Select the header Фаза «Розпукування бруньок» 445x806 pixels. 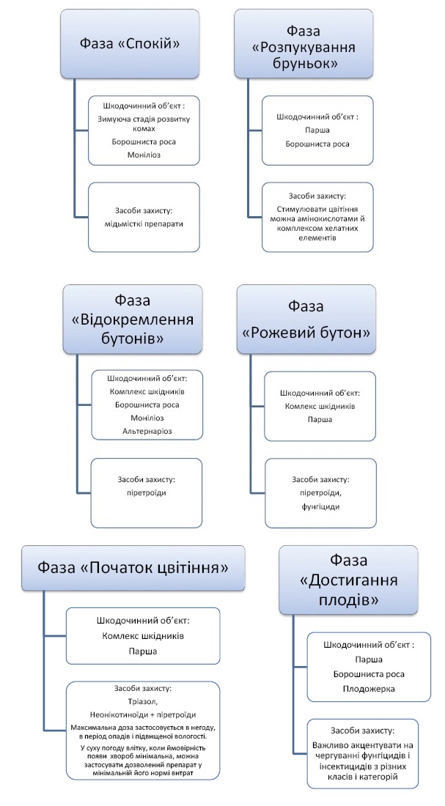pos(303,48)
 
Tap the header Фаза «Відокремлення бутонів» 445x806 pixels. pos(132,319)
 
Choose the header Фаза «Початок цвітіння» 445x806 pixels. pos(132,568)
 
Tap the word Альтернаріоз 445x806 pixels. pos(147,431)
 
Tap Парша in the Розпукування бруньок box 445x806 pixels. pos(317,130)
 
